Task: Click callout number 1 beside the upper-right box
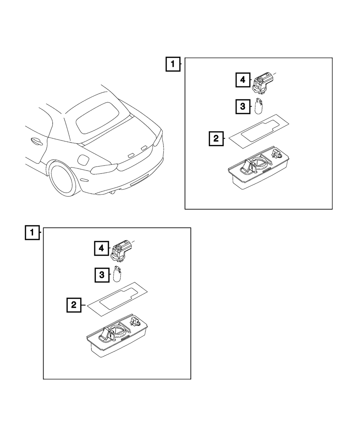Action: [x=173, y=64]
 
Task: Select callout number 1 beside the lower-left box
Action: [x=32, y=233]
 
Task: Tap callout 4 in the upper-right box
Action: [x=243, y=80]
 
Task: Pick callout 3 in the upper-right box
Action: [x=243, y=107]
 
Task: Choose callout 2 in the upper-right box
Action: [x=216, y=139]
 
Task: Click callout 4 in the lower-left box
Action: [x=102, y=248]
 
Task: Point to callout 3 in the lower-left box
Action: [x=102, y=275]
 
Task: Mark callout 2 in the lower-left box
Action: [x=74, y=305]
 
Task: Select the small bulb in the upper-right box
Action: [x=259, y=106]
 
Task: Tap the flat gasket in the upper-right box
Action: [x=259, y=131]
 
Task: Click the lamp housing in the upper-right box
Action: [x=258, y=168]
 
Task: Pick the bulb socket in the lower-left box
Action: [x=121, y=251]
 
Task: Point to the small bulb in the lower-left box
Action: [x=117, y=274]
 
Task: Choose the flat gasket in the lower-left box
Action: [x=117, y=299]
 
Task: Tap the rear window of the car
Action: [x=98, y=118]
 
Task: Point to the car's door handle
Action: [x=37, y=141]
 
